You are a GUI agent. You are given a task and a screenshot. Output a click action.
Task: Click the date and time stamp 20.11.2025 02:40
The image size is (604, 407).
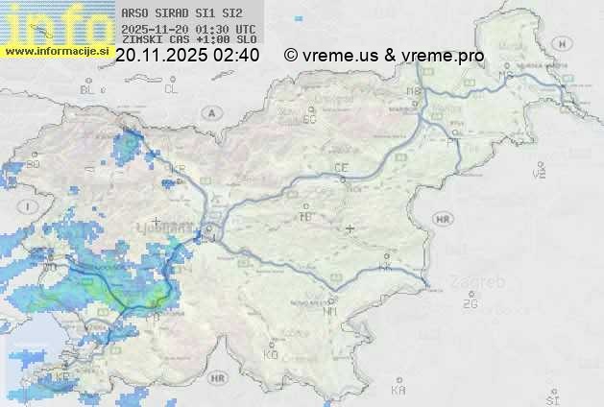click(x=186, y=56)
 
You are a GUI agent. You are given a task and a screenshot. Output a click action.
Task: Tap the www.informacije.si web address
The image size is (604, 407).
click(x=56, y=50)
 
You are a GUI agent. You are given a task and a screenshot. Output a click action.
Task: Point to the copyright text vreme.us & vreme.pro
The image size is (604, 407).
click(x=384, y=56)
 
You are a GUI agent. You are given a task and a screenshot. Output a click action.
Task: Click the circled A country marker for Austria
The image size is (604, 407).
click(x=209, y=112)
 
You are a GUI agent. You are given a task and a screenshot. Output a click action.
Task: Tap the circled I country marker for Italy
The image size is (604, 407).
click(x=30, y=206)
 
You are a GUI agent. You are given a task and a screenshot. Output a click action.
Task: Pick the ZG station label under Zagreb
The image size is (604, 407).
click(x=470, y=304)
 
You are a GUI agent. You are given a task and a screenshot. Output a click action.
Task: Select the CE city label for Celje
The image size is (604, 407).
click(x=340, y=168)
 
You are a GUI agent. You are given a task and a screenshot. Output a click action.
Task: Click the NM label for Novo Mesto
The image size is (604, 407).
click(x=330, y=311)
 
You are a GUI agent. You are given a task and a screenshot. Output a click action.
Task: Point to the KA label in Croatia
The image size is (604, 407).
click(x=399, y=390)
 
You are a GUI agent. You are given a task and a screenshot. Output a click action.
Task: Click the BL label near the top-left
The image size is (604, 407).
click(x=88, y=89)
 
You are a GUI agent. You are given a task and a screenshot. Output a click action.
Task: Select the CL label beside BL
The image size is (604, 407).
click(x=171, y=89)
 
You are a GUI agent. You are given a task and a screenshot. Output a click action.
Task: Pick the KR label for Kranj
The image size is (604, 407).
click(x=178, y=169)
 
